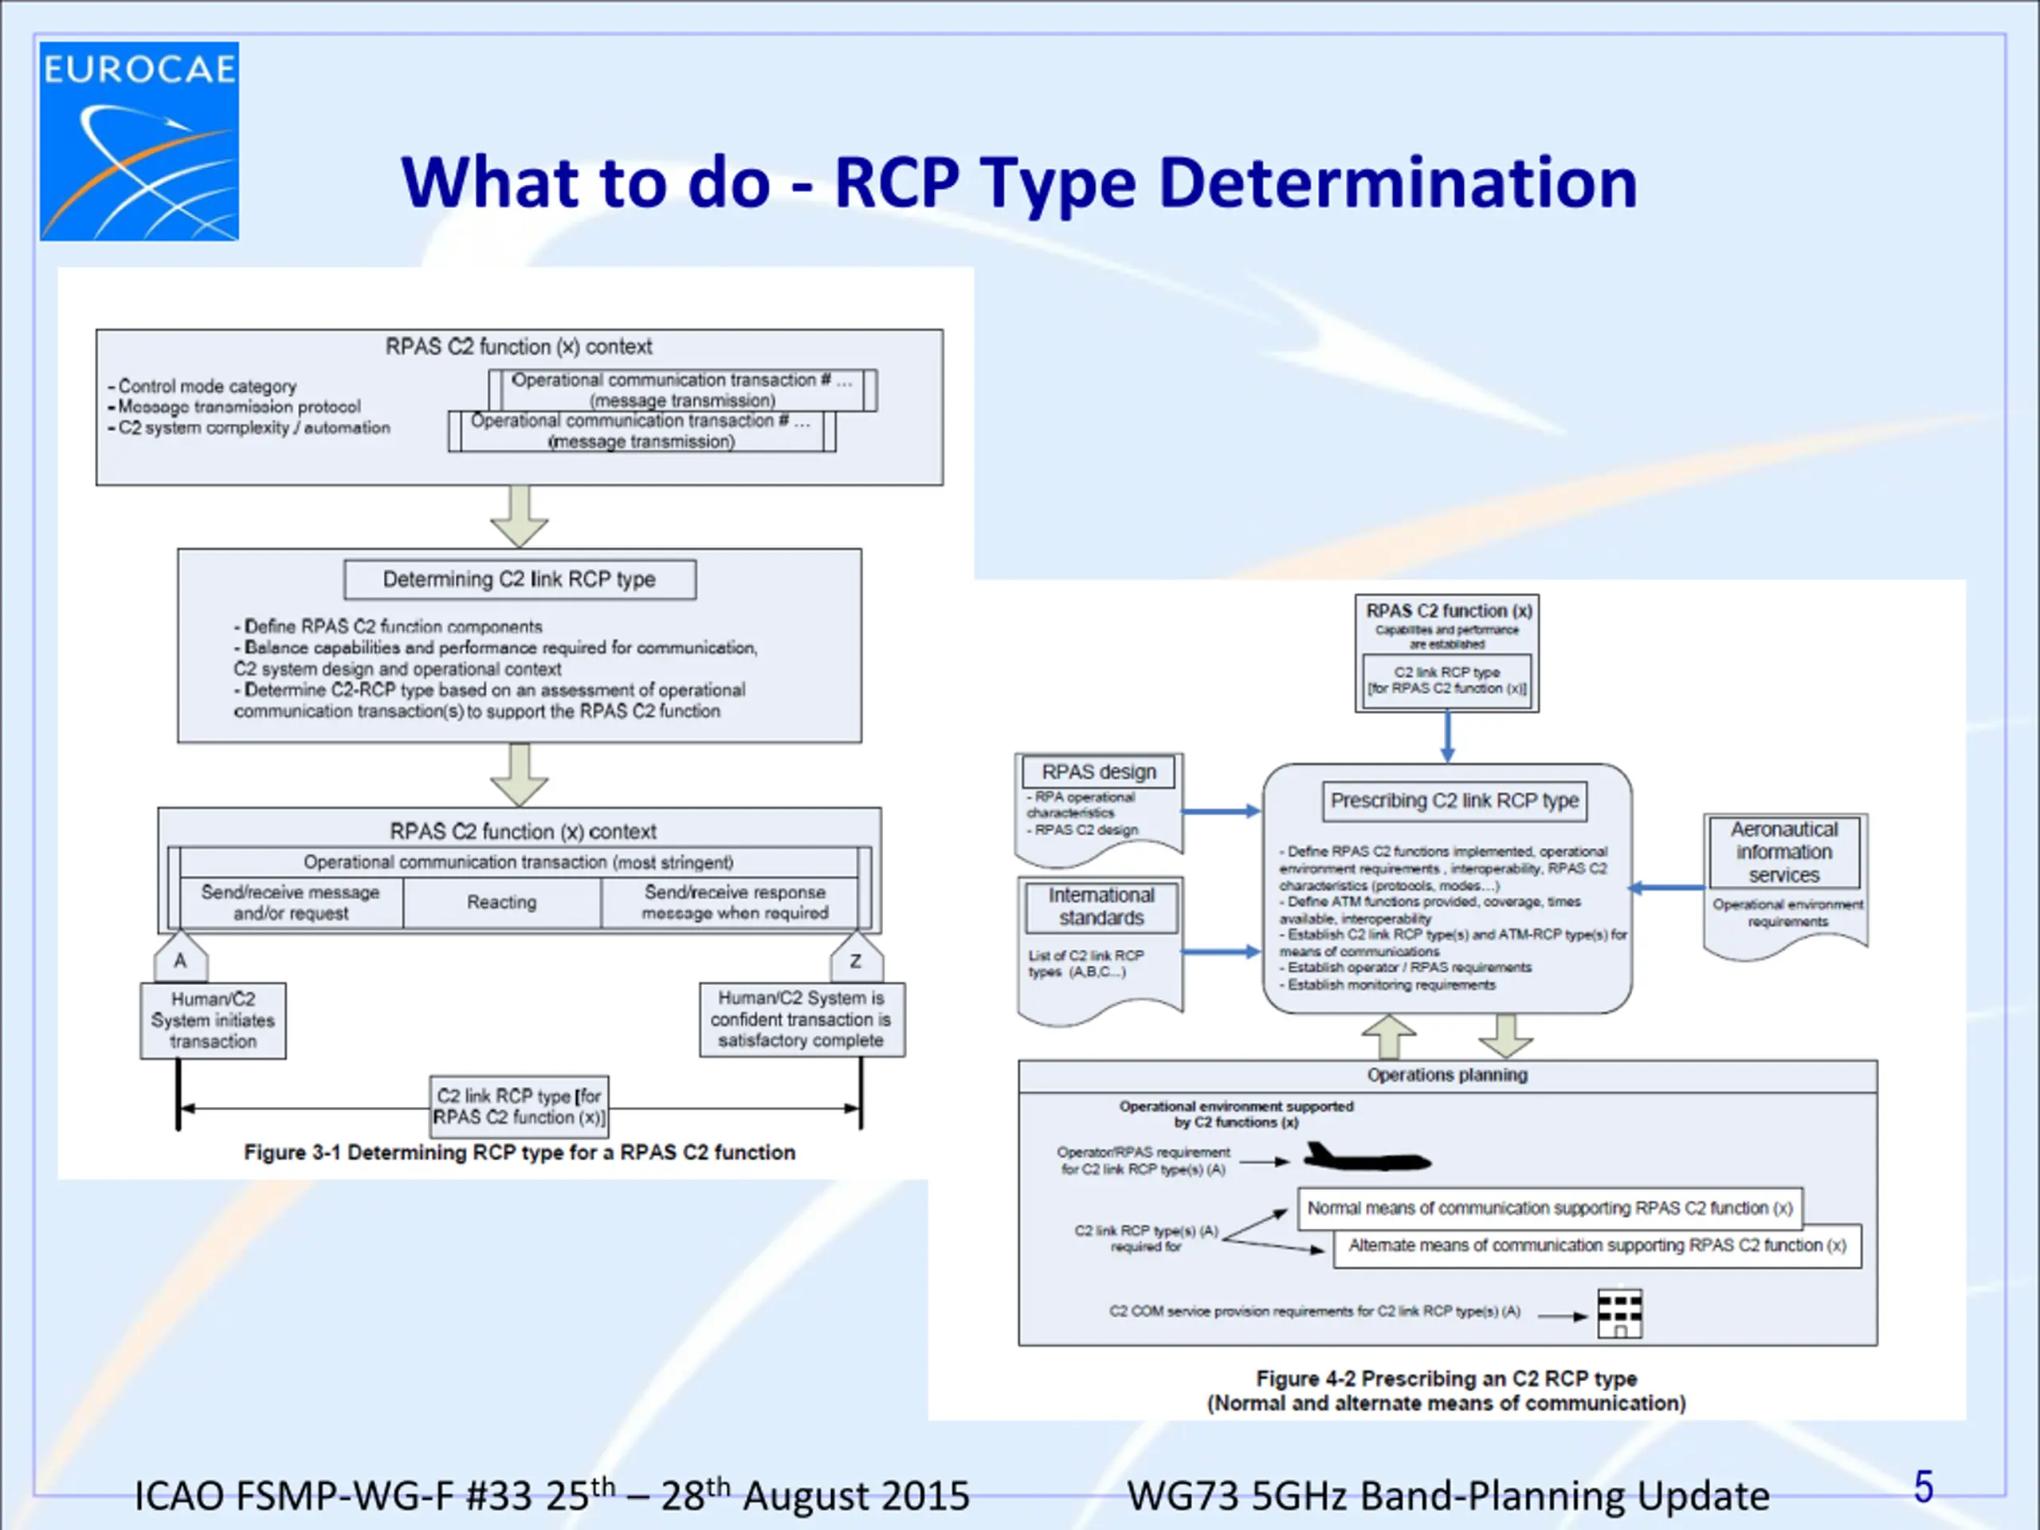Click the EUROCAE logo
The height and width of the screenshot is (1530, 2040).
(x=139, y=141)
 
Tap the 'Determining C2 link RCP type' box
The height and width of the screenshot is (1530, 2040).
(x=520, y=580)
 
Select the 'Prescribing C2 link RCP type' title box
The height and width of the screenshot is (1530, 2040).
(x=1454, y=801)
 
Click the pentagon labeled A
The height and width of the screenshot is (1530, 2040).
(x=181, y=959)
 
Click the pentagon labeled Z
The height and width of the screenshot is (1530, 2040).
(x=856, y=959)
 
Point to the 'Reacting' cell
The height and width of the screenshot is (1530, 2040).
(x=502, y=902)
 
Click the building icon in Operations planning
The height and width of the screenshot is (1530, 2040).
(x=1619, y=1312)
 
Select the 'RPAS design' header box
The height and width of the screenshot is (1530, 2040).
(x=1098, y=772)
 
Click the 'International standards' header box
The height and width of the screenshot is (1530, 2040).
(x=1101, y=907)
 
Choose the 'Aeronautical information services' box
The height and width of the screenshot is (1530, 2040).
(x=1783, y=852)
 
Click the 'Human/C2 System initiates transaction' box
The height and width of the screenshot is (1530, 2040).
(x=213, y=1020)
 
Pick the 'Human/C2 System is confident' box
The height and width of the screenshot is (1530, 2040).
(x=802, y=1019)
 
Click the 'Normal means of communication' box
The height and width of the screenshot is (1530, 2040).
(x=1549, y=1208)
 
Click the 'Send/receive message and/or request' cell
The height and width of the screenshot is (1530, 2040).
(x=291, y=903)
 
